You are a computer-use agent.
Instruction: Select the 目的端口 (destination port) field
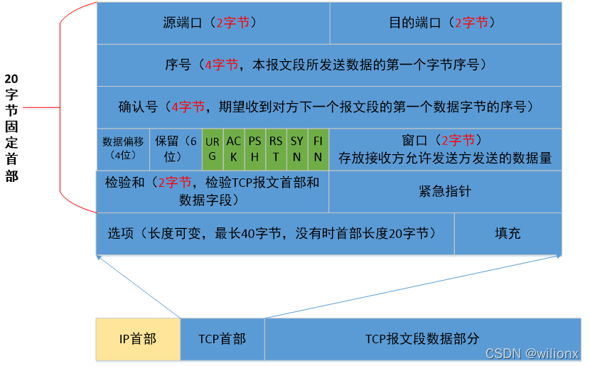tap(446, 23)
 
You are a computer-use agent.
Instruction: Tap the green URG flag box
tap(213, 149)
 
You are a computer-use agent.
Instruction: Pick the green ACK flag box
tap(234, 149)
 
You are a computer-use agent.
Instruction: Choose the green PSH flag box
tap(255, 149)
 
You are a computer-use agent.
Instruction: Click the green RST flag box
tap(276, 149)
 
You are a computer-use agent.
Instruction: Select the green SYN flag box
tap(297, 149)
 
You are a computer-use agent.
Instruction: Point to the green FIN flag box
tap(318, 149)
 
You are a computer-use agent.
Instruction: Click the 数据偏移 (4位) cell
tap(123, 149)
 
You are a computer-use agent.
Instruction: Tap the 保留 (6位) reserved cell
tap(176, 149)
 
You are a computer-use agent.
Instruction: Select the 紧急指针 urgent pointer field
tap(445, 191)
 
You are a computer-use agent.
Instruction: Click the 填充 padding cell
tap(508, 233)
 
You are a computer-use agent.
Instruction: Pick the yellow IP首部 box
tap(138, 339)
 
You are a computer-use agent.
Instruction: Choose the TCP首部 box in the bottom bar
tap(222, 339)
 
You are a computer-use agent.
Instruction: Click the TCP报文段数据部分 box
tap(422, 339)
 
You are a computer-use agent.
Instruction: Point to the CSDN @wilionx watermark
tap(532, 353)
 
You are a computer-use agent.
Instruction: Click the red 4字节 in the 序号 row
tap(222, 65)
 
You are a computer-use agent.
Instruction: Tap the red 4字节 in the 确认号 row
tap(187, 107)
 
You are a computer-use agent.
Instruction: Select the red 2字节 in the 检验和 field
tap(175, 183)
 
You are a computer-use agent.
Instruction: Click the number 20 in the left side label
tap(11, 78)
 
